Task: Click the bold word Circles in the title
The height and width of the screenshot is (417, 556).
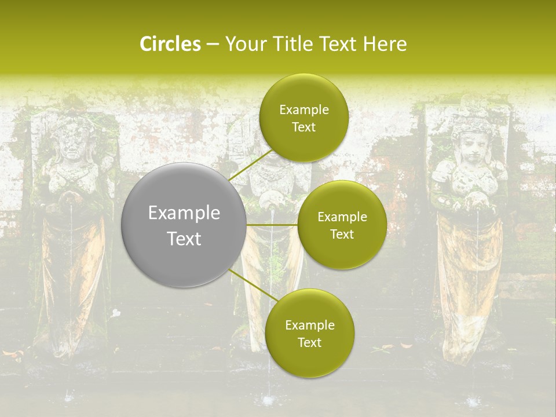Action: click(170, 44)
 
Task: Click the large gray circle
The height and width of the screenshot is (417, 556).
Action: click(184, 225)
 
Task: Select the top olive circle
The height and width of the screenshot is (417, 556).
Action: click(303, 118)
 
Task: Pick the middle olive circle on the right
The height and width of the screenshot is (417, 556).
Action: click(342, 225)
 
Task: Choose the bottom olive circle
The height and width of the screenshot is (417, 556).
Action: click(309, 333)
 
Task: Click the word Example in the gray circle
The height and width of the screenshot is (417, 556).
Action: click(184, 213)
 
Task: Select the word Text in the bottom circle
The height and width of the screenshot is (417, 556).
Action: click(309, 342)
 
